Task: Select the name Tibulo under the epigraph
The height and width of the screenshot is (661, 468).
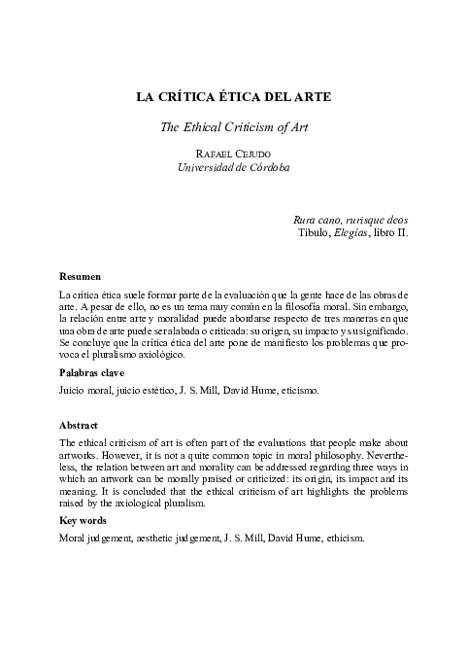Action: tap(314, 234)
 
